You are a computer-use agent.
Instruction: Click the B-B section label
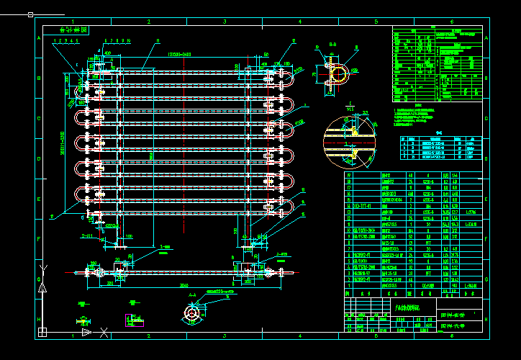333,45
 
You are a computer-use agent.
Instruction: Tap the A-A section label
192,295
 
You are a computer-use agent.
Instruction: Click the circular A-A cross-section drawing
193,314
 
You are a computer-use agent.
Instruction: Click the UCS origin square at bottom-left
42,331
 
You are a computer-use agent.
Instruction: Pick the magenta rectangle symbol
130,318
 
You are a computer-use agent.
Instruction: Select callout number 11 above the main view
157,41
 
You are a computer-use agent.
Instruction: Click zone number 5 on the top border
376,22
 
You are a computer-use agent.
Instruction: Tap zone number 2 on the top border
149,22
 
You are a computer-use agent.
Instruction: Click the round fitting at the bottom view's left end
100,271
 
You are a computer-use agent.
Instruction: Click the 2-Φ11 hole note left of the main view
86,235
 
